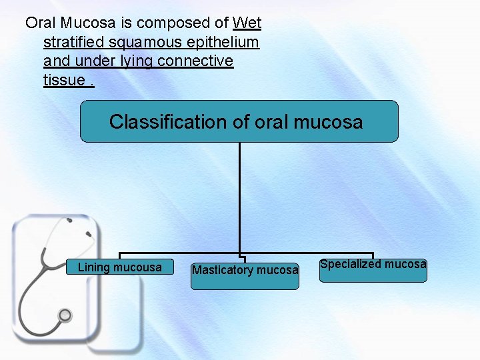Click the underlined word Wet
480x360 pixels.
(247, 23)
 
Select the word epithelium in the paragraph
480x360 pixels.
(226, 43)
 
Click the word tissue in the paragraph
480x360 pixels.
(63, 81)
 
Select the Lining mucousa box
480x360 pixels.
(119, 267)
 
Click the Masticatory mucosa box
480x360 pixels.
(245, 275)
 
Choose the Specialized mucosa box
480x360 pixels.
(373, 269)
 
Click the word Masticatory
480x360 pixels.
(223, 270)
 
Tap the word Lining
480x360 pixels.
(93, 267)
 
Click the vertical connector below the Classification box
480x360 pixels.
(239, 200)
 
